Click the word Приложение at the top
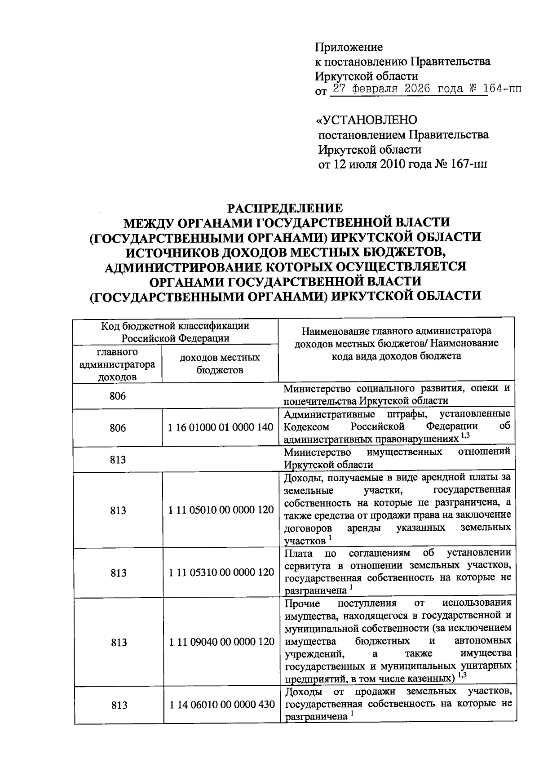coord(348,47)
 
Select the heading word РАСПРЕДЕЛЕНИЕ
coord(285,208)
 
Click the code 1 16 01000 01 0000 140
coord(220,427)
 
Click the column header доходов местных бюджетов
coord(220,364)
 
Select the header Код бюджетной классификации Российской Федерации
coord(175,332)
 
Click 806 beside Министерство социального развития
coord(118,396)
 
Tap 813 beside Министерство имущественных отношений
coord(118,459)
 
